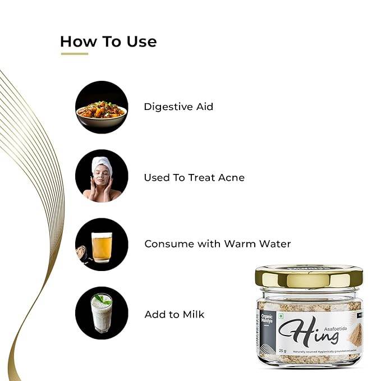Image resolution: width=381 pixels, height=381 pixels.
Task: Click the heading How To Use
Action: (x=108, y=42)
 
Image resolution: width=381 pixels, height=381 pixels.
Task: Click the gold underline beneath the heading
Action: (x=74, y=54)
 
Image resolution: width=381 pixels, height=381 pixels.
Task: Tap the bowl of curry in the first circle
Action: (x=102, y=109)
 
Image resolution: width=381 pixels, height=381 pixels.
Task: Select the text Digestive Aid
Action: (x=178, y=107)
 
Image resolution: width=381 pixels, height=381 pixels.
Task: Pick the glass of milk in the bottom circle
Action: (x=102, y=314)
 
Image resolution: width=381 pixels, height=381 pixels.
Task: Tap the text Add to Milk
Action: (x=174, y=314)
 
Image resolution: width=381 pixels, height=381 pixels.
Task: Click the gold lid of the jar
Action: (x=309, y=276)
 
